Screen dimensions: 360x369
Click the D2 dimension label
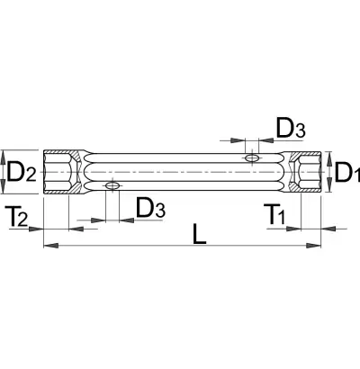click(22, 172)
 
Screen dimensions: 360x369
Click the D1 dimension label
click(347, 172)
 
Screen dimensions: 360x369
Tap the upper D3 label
click(291, 128)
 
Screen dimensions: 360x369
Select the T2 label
click(16, 217)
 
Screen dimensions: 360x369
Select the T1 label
click(274, 214)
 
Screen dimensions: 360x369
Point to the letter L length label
click(199, 233)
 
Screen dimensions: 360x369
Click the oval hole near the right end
click(252, 157)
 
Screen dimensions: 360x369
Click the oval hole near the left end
click(112, 185)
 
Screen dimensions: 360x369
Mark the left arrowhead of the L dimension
click(51, 246)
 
